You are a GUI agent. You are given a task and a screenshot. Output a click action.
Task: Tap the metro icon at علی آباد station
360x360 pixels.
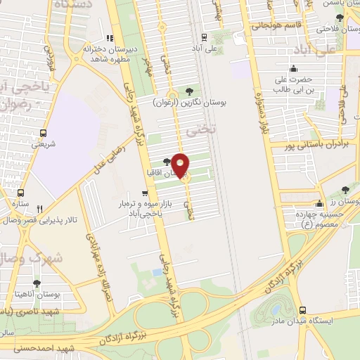[203, 37]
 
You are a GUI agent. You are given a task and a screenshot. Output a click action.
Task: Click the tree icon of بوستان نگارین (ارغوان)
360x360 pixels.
[189, 91]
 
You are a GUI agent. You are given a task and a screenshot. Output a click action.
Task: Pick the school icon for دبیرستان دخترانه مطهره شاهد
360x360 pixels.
[108, 39]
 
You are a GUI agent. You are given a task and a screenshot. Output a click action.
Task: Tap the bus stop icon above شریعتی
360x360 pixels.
[44, 132]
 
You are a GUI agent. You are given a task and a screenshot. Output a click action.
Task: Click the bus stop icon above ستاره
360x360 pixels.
[21, 192]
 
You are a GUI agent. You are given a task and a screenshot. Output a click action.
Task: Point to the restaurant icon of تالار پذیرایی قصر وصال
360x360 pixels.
[40, 208]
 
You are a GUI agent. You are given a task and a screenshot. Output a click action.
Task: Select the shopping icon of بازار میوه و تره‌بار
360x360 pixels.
[146, 192]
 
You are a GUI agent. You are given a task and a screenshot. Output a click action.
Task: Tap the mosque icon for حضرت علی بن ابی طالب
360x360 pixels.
[292, 69]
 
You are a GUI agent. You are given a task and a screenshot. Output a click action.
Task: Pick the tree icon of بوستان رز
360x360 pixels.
[345, 190]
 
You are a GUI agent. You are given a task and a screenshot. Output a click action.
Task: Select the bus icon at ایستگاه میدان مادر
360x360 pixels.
[302, 310]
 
